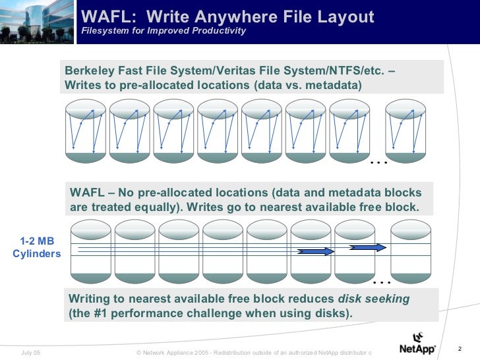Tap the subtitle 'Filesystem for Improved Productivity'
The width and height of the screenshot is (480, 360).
coord(164,31)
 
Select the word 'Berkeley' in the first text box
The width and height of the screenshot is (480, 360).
coord(88,71)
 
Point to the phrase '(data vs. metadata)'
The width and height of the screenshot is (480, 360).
coord(307,86)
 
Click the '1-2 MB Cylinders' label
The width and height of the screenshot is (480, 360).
coord(36,247)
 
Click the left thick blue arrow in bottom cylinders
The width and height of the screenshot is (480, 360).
coord(315,251)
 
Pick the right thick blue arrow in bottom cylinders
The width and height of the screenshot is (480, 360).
coord(366,247)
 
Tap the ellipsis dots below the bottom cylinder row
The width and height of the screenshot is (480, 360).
coord(381,282)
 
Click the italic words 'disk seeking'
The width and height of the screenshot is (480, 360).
coord(373,299)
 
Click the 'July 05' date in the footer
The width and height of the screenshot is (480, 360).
coord(31,353)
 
